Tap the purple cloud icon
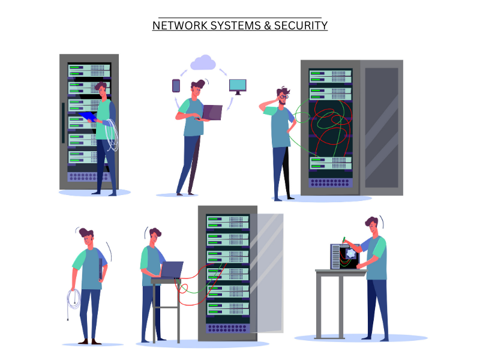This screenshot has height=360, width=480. click(203, 62)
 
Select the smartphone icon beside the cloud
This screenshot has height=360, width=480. click(176, 86)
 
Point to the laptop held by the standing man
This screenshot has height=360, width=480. click(211, 112)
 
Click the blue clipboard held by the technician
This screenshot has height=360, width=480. click(88, 116)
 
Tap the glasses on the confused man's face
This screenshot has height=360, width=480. click(284, 96)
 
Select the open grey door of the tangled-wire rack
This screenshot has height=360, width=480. click(381, 126)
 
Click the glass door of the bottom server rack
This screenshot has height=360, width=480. click(268, 273)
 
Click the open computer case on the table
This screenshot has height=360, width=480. click(344, 257)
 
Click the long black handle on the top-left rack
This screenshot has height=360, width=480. click(62, 122)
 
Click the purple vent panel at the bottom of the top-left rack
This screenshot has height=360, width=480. click(89, 177)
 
